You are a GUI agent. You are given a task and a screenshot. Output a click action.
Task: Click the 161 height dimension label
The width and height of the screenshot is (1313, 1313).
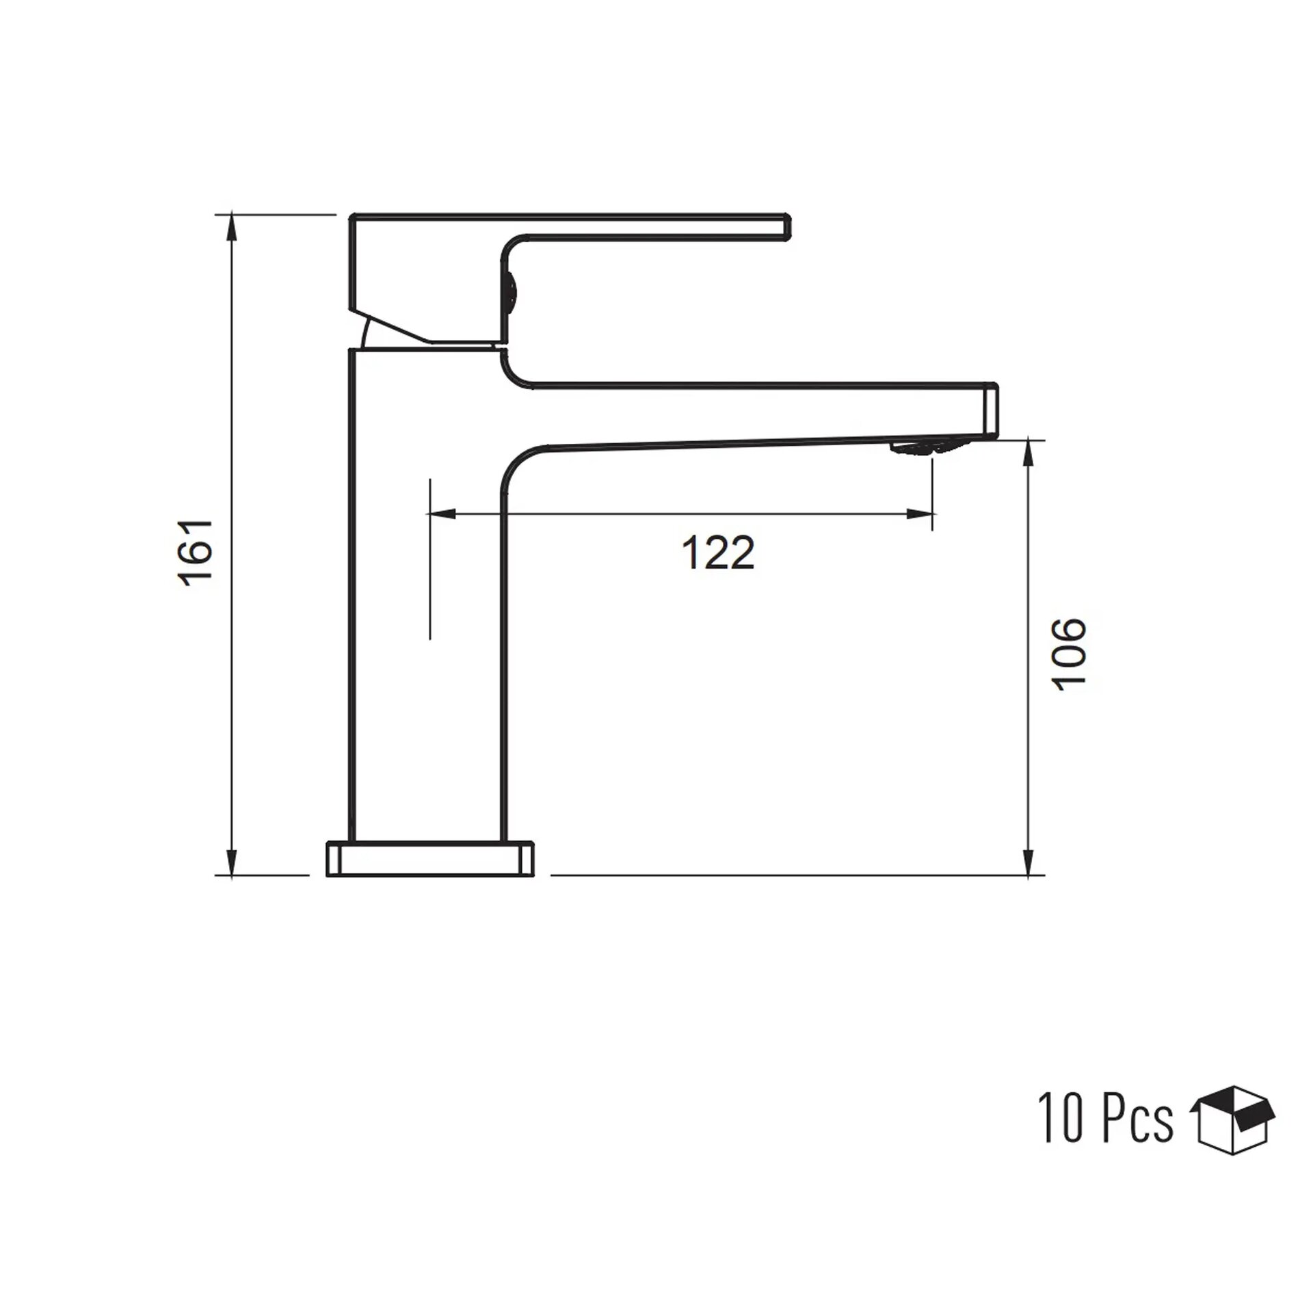point(196,552)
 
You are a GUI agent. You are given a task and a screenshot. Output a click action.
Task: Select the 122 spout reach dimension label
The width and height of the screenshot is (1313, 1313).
point(718,553)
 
